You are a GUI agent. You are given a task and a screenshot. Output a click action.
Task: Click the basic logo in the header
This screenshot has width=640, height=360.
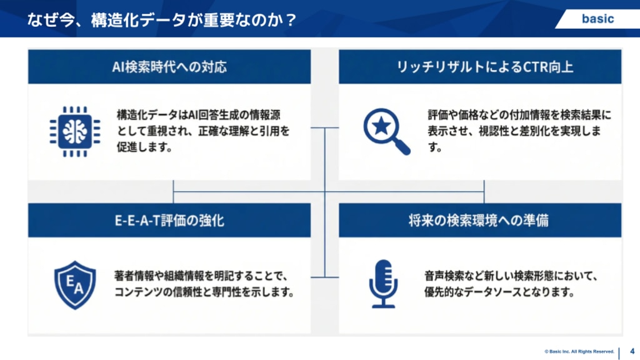(x=597, y=19)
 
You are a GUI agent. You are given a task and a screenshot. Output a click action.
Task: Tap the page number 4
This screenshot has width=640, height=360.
(x=632, y=351)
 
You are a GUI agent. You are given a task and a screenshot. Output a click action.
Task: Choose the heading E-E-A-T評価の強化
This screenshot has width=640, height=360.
(x=169, y=220)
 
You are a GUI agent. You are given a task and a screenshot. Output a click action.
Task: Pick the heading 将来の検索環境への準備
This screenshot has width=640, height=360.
(x=480, y=220)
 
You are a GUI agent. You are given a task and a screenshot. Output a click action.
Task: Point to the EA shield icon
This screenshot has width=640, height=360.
(x=75, y=284)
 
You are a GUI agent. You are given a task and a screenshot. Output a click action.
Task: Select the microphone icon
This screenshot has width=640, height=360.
(x=383, y=284)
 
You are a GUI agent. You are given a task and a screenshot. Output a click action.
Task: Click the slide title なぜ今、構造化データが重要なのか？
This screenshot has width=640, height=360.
(x=162, y=19)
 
